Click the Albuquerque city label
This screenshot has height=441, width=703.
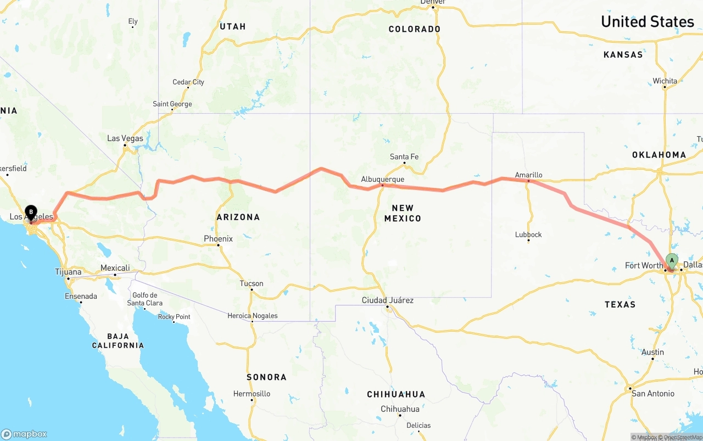coord(382,179)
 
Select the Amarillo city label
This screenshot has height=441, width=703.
coord(528,175)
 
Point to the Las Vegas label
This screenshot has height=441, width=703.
coord(125,138)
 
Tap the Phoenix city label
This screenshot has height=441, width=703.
coord(218,239)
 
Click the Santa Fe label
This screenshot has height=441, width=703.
coord(404,157)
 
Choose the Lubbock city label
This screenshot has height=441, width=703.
coord(528,235)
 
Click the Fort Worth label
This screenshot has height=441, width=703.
coord(644,266)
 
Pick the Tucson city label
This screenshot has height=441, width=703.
coord(251,283)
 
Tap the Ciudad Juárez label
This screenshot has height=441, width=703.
coord(387,300)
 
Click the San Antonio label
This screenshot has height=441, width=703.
coord(652,393)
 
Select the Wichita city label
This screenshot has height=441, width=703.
coord(665,81)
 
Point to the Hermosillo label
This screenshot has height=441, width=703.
coord(252,393)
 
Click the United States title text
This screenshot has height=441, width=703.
coord(647,21)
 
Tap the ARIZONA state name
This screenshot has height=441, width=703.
coord(238,217)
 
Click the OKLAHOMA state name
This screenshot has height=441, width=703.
coord(659,155)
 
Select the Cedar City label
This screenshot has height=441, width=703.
coord(188,82)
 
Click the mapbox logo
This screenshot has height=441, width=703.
coord(24,434)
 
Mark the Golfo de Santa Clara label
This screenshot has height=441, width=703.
coord(145,299)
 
